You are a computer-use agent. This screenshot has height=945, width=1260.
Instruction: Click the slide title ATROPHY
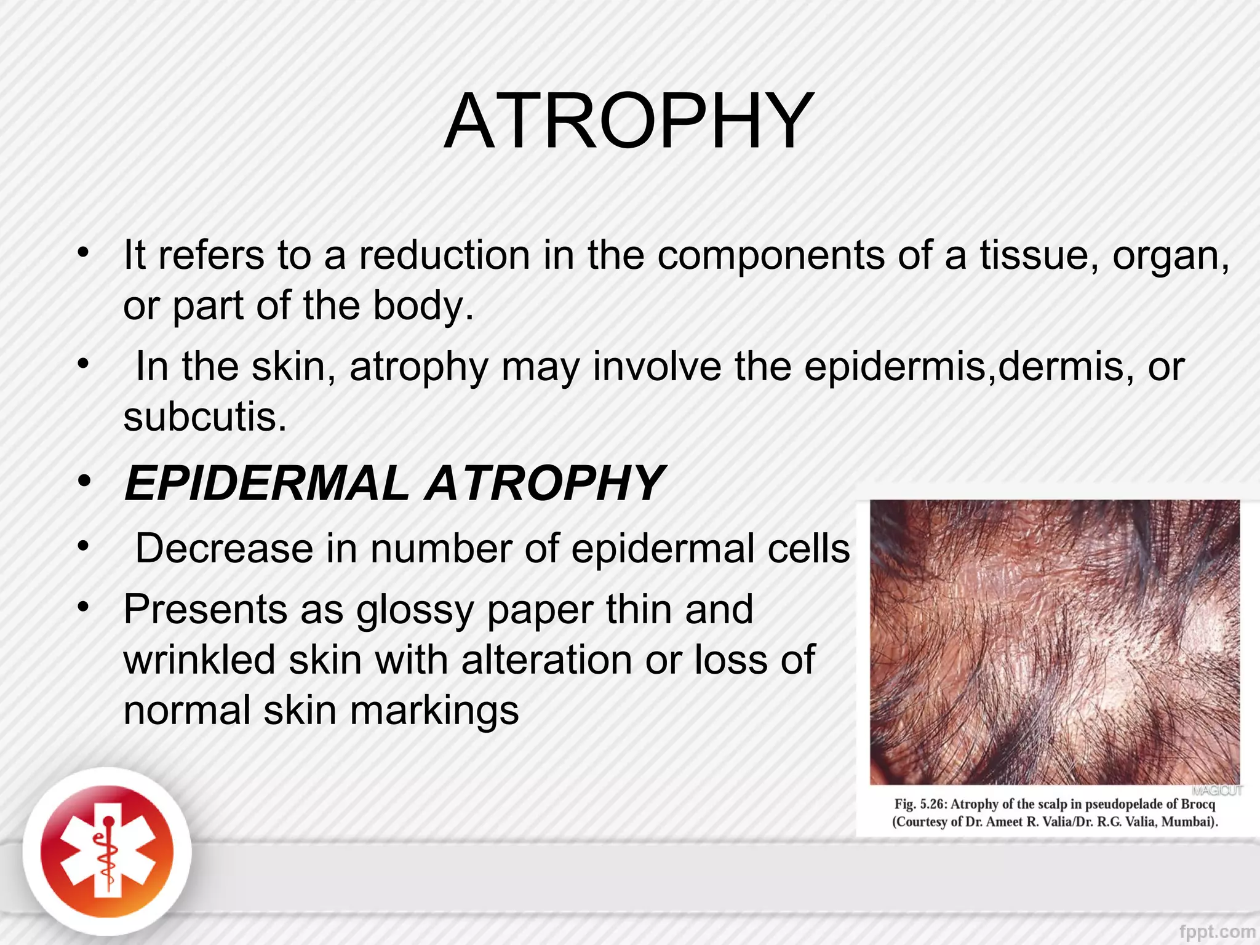pyautogui.click(x=629, y=121)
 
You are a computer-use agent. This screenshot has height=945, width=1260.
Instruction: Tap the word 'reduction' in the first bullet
pyautogui.click(x=444, y=255)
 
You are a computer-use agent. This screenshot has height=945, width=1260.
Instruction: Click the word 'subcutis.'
pyautogui.click(x=205, y=417)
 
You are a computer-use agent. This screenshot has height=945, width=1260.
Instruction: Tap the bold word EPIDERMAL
pyautogui.click(x=266, y=484)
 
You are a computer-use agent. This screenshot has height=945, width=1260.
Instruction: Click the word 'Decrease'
pyautogui.click(x=224, y=548)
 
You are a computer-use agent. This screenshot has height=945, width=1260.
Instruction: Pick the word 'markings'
pyautogui.click(x=434, y=711)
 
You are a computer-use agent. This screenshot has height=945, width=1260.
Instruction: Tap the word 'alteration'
pyautogui.click(x=546, y=660)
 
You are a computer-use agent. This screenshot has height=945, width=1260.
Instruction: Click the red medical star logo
pyautogui.click(x=107, y=853)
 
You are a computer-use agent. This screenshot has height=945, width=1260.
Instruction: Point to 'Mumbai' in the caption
pyautogui.click(x=1188, y=822)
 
